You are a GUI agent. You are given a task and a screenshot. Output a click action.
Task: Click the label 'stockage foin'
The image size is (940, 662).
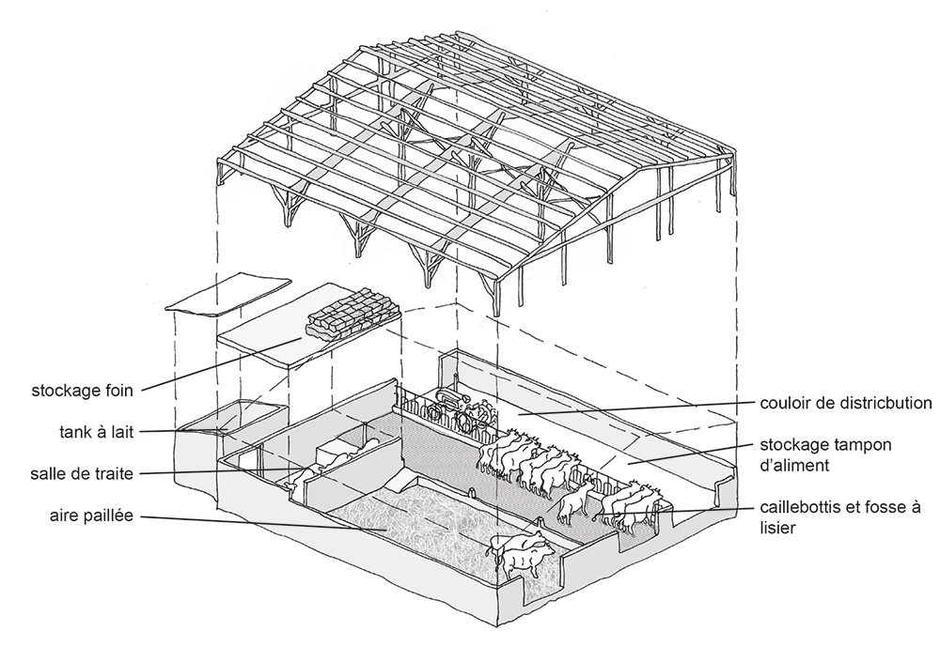pyautogui.click(x=82, y=386)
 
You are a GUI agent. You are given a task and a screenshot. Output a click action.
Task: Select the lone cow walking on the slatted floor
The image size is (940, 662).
pyautogui.click(x=574, y=507)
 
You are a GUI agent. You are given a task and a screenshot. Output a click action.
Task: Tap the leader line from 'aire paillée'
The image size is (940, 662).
pyautogui.click(x=263, y=523)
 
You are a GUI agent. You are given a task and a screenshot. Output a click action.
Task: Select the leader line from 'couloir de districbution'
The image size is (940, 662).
pyautogui.click(x=639, y=408)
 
